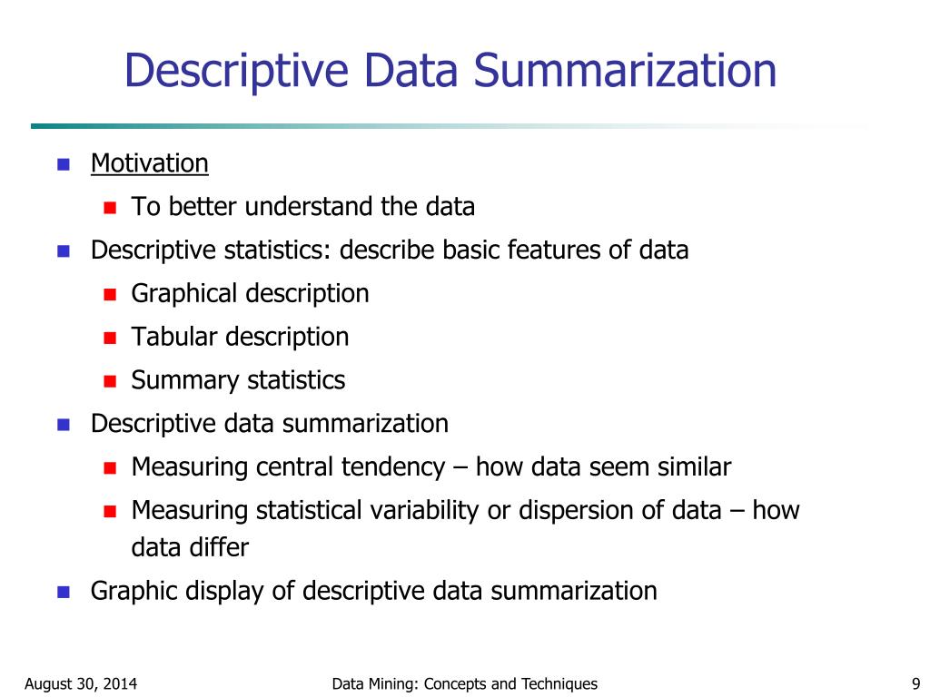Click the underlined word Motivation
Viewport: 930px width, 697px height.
(x=150, y=163)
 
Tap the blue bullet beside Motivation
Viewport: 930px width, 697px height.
(x=64, y=165)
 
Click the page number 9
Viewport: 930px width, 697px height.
(x=915, y=683)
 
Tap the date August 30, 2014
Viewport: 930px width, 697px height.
(x=81, y=683)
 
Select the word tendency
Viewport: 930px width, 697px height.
(x=392, y=467)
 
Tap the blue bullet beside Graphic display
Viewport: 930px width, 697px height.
(x=64, y=593)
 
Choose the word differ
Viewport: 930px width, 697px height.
(x=220, y=547)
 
